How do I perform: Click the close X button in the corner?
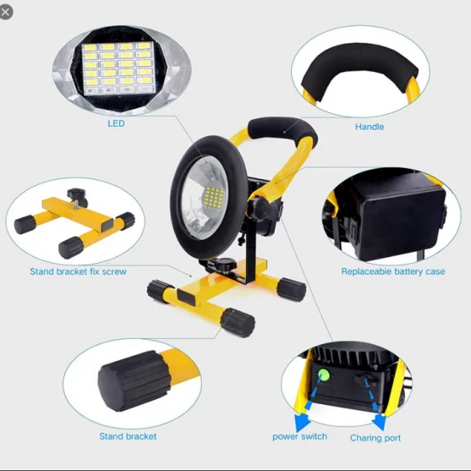pyautogui.click(x=5, y=12)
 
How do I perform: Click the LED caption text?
pyautogui.click(x=116, y=123)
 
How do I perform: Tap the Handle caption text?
pyautogui.click(x=369, y=127)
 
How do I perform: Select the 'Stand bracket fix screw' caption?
pyautogui.click(x=78, y=271)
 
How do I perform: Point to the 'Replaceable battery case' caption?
pyautogui.click(x=393, y=271)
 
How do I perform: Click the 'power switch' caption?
pyautogui.click(x=300, y=437)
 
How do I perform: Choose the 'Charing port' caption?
pyautogui.click(x=375, y=438)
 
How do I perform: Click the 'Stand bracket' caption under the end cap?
pyautogui.click(x=128, y=436)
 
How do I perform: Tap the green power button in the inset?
pyautogui.click(x=324, y=375)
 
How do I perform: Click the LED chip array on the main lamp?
pyautogui.click(x=214, y=197)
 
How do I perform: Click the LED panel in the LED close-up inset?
pyautogui.click(x=119, y=68)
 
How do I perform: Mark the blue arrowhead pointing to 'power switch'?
pyautogui.click(x=301, y=420)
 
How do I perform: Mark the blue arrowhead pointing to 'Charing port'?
pyautogui.click(x=379, y=421)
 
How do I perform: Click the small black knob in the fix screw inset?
pyautogui.click(x=76, y=196)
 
